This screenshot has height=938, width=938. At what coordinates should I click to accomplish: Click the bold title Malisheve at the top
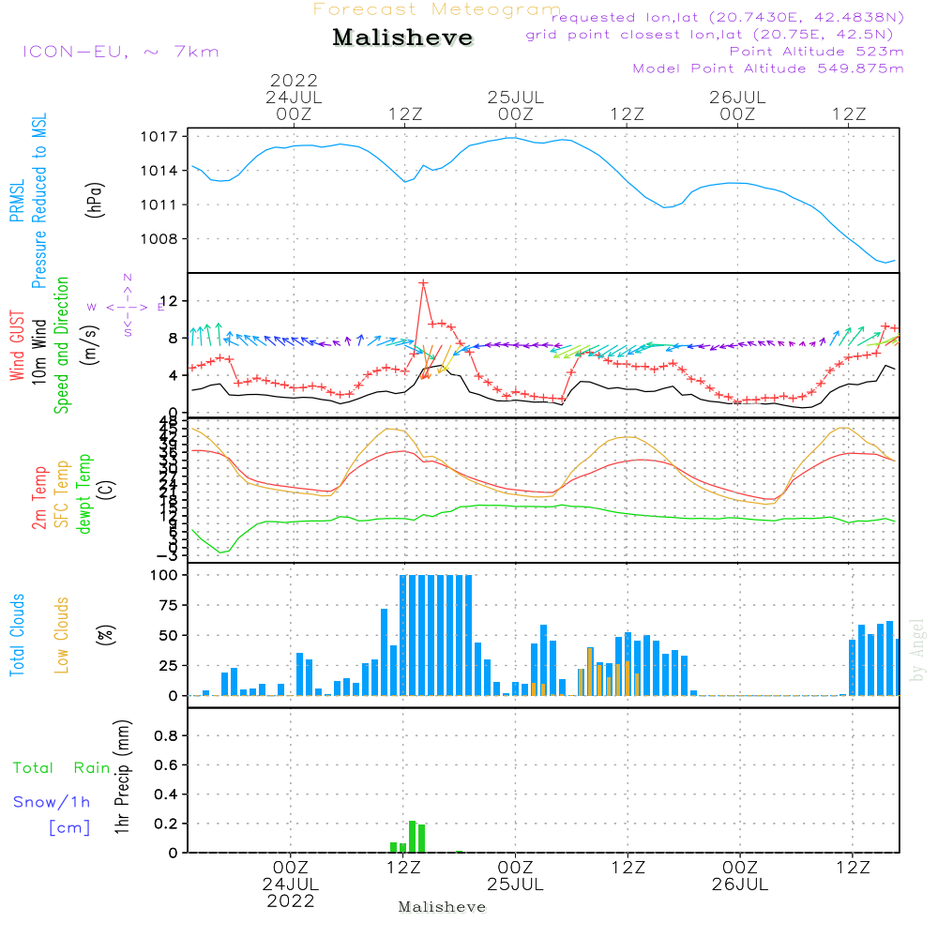pos(402,38)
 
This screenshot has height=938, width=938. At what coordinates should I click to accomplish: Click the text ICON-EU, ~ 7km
pos(120,52)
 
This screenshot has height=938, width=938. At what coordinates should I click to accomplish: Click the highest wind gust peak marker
pos(423,282)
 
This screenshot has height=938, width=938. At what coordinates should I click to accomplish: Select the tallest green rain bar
pos(413,837)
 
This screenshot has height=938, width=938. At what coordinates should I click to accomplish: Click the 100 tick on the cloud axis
pos(165,575)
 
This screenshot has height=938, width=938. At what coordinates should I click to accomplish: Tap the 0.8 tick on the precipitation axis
pos(166,736)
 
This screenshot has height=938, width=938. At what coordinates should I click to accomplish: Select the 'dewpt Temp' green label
pos(85,494)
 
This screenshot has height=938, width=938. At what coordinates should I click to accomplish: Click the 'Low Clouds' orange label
pos(62,635)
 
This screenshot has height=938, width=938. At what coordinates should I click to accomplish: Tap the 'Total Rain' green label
pos(61,768)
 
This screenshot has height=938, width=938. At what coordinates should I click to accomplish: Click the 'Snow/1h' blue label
pos(52,802)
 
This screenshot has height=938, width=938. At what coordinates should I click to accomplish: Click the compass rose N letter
pos(127,278)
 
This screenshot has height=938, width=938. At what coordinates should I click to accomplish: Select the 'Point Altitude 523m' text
pos(816,52)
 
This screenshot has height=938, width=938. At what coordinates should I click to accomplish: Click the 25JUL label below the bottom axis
pos(515,885)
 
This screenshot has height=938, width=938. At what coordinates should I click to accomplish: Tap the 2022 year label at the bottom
pos(291,901)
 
